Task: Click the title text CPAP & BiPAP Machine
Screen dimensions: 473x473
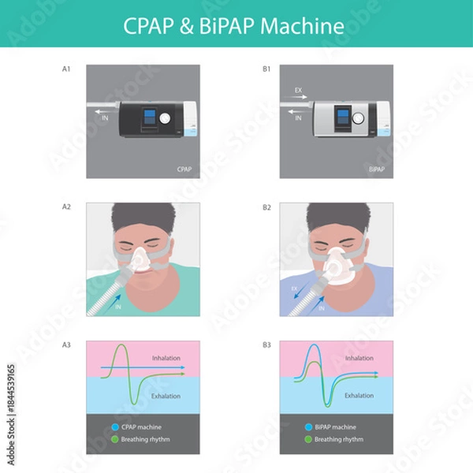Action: click(x=234, y=26)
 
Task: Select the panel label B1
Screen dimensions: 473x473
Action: click(x=267, y=69)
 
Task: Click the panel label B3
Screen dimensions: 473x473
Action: click(x=267, y=344)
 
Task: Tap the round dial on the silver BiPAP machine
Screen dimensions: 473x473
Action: click(x=358, y=119)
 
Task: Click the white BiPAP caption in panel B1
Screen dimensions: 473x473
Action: click(x=378, y=169)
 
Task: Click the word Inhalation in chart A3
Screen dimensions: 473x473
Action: click(x=166, y=358)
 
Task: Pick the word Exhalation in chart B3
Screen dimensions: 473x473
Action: click(x=359, y=396)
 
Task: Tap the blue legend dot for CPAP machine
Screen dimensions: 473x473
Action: click(x=115, y=426)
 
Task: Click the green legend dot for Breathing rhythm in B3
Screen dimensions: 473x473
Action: click(x=307, y=439)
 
